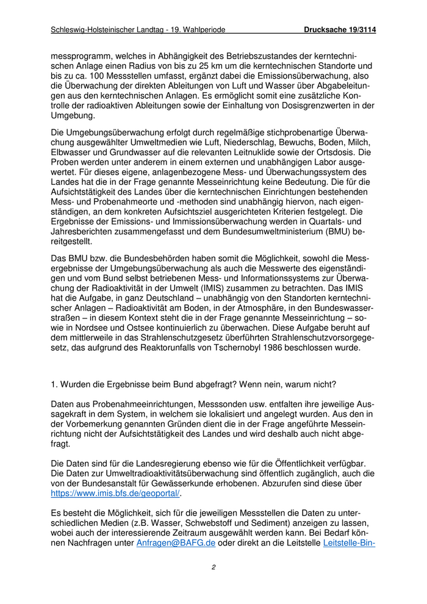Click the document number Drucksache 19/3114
(x=340, y=29)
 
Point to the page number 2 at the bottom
(x=213, y=567)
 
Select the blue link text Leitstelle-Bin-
(x=349, y=542)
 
